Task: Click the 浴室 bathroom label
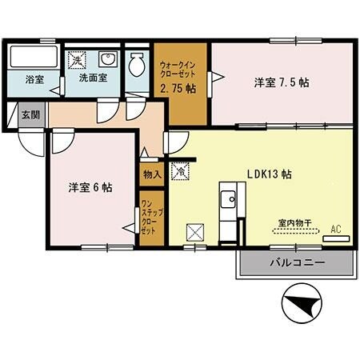(34, 80)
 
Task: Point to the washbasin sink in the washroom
(106, 62)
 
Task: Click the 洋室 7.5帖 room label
(282, 82)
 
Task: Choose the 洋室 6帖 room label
(90, 187)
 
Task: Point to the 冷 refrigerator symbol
(181, 170)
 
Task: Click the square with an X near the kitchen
(195, 233)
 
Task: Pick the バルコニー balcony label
(295, 262)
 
